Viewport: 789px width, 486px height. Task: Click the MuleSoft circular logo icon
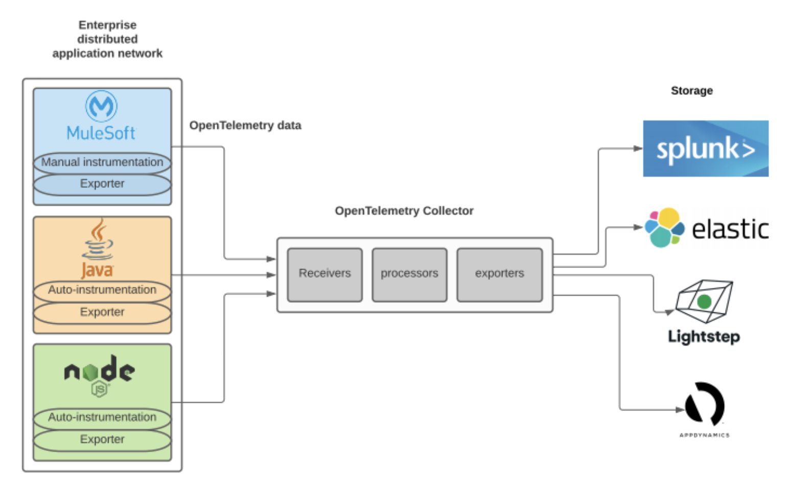(101, 106)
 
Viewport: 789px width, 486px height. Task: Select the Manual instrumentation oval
(102, 162)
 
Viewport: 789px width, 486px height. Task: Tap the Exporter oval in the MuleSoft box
(102, 184)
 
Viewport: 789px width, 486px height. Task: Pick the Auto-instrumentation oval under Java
(102, 290)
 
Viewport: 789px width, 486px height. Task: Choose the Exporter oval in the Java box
(102, 312)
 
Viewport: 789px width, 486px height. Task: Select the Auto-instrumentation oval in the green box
(102, 418)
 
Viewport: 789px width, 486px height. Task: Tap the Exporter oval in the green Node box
(102, 440)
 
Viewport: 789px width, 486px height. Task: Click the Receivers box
(324, 274)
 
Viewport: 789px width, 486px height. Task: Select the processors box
(409, 274)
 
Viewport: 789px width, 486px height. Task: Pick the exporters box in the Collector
(499, 274)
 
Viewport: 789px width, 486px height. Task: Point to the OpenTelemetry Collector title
(404, 211)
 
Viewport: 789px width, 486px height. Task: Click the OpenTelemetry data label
(245, 126)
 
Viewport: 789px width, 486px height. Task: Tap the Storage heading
(691, 91)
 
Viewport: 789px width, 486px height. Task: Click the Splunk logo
(705, 149)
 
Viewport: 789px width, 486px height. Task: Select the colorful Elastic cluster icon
(664, 228)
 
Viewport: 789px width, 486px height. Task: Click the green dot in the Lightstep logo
(704, 302)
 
